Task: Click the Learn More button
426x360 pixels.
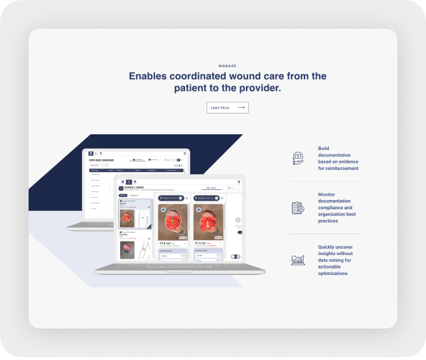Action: coord(227,108)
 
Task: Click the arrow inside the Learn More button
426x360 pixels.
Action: coord(241,108)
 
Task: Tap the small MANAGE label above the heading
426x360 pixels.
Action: coord(227,66)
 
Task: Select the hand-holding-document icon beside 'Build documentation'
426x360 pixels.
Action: coord(298,159)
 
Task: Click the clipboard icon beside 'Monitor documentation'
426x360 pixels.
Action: coord(298,208)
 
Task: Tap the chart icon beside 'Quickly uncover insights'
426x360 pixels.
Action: coord(298,260)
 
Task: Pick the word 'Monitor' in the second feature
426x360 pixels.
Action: coord(327,194)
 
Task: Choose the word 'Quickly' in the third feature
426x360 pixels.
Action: coord(329,246)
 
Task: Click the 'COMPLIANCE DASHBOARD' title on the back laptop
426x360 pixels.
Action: coord(102,160)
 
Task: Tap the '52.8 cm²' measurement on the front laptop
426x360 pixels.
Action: coord(167,243)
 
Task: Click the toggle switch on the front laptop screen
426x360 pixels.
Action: coord(235,256)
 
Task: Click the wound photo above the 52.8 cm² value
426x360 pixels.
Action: coord(172,221)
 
